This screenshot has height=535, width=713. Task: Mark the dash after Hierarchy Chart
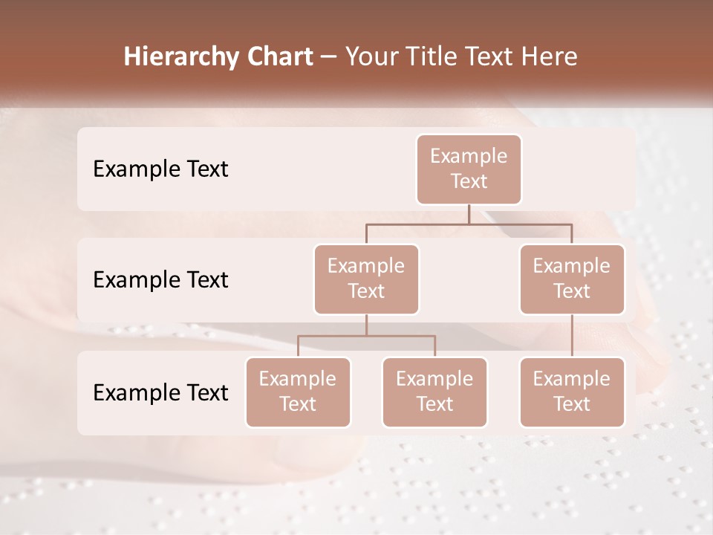[328, 58]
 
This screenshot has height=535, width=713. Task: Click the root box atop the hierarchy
[469, 169]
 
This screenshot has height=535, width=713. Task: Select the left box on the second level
[366, 279]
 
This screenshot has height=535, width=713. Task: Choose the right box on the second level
[572, 279]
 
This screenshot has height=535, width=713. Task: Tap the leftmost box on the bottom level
[298, 392]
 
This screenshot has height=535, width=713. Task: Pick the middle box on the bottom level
[434, 392]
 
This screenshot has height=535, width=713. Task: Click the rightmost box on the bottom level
[572, 392]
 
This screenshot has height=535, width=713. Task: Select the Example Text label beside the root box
[160, 169]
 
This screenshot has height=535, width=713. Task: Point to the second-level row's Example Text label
[160, 280]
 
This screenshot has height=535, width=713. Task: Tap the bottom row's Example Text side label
[160, 393]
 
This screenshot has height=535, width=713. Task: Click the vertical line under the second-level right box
[572, 336]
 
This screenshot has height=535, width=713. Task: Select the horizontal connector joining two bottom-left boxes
[366, 336]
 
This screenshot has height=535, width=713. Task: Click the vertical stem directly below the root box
[469, 214]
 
